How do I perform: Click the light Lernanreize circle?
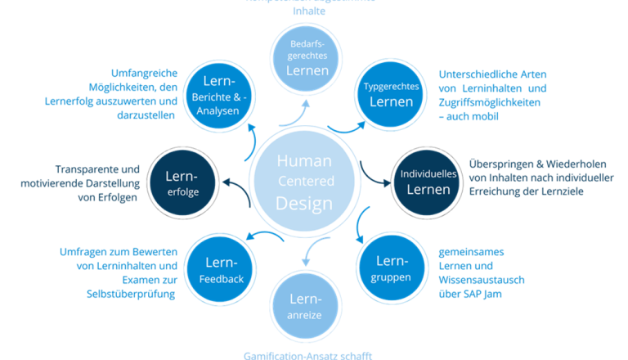pyautogui.click(x=303, y=302)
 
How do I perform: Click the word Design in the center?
pyautogui.click(x=304, y=202)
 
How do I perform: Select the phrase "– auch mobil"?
pyautogui.click(x=469, y=116)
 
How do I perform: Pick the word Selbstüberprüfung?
pyautogui.click(x=131, y=293)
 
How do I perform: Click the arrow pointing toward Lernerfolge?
pyautogui.click(x=235, y=182)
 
